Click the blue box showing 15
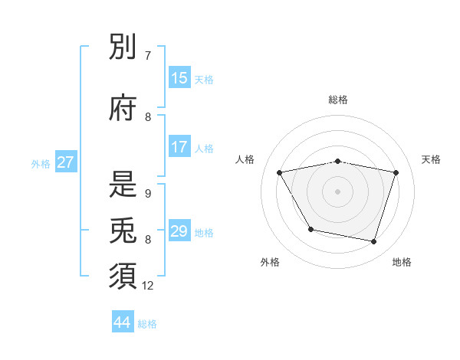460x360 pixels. [179, 78]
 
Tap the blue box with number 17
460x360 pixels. [179, 147]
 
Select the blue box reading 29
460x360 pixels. [179, 231]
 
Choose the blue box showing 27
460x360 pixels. [66, 162]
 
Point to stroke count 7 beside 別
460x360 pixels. [148, 56]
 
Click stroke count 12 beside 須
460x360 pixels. [148, 286]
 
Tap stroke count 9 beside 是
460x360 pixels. [148, 193]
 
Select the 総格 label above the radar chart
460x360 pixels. [338, 100]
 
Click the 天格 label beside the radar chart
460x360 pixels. [432, 159]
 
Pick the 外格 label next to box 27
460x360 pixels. [41, 163]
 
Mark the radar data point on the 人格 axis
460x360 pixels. [280, 173]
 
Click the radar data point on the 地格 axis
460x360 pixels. [373, 242]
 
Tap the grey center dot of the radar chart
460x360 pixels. [338, 191]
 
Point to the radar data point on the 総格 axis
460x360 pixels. [338, 162]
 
